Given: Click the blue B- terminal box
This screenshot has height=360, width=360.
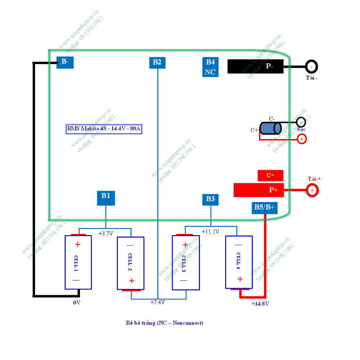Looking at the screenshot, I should (x=65, y=62).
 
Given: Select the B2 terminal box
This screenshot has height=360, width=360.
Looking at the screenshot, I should (x=157, y=62).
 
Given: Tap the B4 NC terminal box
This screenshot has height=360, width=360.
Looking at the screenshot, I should (x=210, y=67).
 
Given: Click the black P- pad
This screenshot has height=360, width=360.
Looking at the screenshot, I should (x=255, y=67).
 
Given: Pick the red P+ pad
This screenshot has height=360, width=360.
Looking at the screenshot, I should (x=258, y=190).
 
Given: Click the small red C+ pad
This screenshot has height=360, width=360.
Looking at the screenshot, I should (x=270, y=175).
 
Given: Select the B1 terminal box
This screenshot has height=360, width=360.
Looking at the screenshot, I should (x=106, y=198).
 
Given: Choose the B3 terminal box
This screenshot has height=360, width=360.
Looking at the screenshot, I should (x=211, y=199).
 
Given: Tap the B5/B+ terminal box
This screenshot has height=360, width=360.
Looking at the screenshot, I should (x=265, y=208).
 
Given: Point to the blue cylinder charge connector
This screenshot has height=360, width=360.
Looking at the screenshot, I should (x=270, y=128).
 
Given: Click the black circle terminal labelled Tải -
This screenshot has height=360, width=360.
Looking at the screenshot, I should (x=311, y=67).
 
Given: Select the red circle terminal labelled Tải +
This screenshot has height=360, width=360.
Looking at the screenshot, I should (x=312, y=190).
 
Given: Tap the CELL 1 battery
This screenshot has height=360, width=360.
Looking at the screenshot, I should (x=78, y=262).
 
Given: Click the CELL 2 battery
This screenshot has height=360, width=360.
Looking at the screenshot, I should (x=131, y=263).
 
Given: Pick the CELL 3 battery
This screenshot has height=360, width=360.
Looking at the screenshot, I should (x=186, y=262).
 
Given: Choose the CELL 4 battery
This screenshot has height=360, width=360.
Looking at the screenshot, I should (x=239, y=262).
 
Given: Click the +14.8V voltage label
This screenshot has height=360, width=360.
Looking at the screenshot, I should (x=260, y=304).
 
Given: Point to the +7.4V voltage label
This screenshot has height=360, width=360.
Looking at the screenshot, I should (x=157, y=302).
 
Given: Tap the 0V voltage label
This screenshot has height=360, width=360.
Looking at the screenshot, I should (x=77, y=303).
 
